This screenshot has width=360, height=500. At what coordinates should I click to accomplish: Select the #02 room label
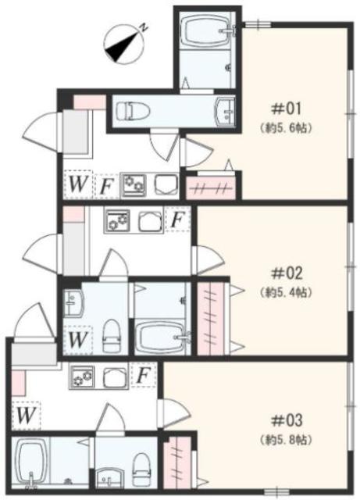click(286, 274)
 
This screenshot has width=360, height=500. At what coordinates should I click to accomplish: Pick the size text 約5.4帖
click(286, 292)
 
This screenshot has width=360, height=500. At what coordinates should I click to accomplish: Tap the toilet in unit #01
click(134, 111)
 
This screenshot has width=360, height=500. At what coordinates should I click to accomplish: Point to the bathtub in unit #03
click(33, 460)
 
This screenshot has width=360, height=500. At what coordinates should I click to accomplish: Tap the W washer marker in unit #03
click(27, 415)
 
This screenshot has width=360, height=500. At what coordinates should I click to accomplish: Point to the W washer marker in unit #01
click(77, 185)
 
